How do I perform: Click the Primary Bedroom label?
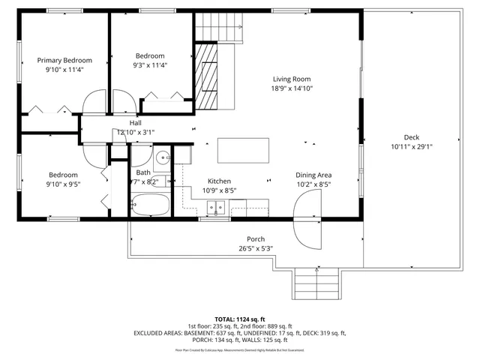click(64, 60)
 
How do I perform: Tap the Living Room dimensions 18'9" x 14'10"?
click(292, 88)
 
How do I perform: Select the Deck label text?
click(411, 137)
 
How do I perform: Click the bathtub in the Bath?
click(150, 203)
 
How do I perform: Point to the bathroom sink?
click(161, 158)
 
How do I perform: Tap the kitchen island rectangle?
click(244, 150)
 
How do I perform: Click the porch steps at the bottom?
click(309, 283)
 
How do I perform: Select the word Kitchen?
click(219, 181)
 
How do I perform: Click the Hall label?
click(135, 123)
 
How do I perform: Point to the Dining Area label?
click(313, 175)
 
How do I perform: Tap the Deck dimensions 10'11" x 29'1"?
click(411, 147)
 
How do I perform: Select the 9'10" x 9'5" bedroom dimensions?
click(63, 184)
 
